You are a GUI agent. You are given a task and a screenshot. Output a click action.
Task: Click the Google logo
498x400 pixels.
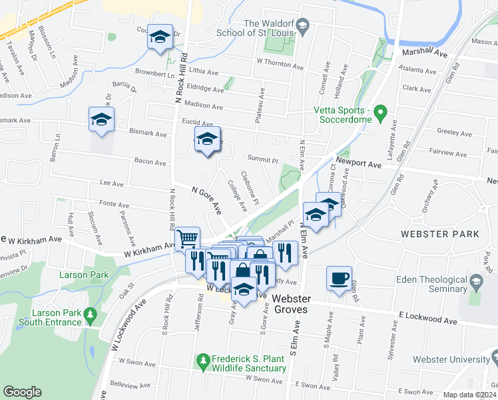[22, 392]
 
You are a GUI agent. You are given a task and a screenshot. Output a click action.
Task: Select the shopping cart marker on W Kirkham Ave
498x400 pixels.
[188, 237]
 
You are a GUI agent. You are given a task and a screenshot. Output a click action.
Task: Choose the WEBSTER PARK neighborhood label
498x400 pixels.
[439, 235]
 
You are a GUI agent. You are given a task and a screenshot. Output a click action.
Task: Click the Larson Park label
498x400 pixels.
[83, 275]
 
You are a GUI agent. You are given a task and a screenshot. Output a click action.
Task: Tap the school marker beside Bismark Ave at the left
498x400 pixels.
[102, 120]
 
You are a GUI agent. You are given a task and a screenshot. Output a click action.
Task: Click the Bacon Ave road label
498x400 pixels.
[150, 162]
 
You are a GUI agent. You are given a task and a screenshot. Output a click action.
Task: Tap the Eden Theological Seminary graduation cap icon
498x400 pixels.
[476, 283]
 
